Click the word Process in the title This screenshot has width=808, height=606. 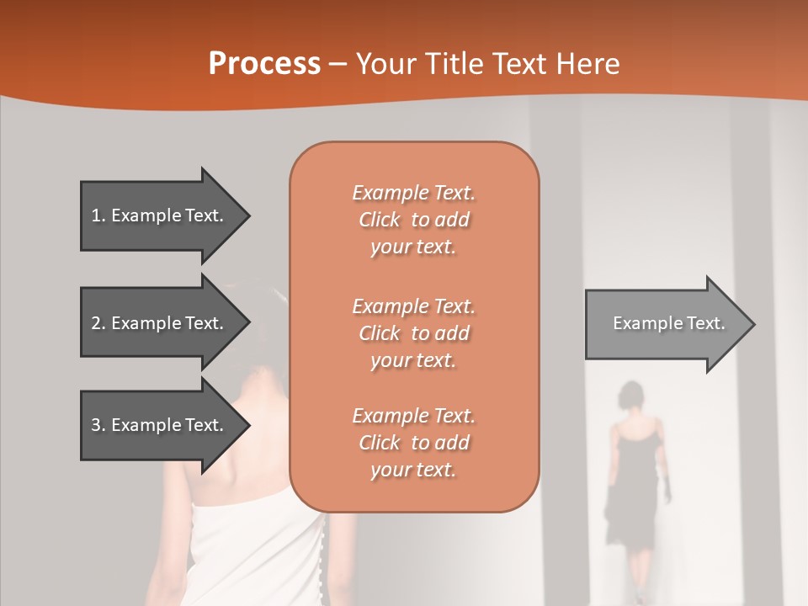tap(264, 64)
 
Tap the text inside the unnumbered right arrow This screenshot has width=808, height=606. tap(668, 323)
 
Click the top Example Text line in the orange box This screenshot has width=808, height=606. tap(413, 193)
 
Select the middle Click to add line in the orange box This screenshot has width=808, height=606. tap(413, 333)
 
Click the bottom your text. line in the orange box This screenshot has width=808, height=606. tap(413, 470)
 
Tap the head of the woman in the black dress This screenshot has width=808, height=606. tap(630, 396)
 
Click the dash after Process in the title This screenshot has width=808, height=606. tap(338, 64)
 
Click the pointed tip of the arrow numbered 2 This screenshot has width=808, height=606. tap(248, 323)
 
